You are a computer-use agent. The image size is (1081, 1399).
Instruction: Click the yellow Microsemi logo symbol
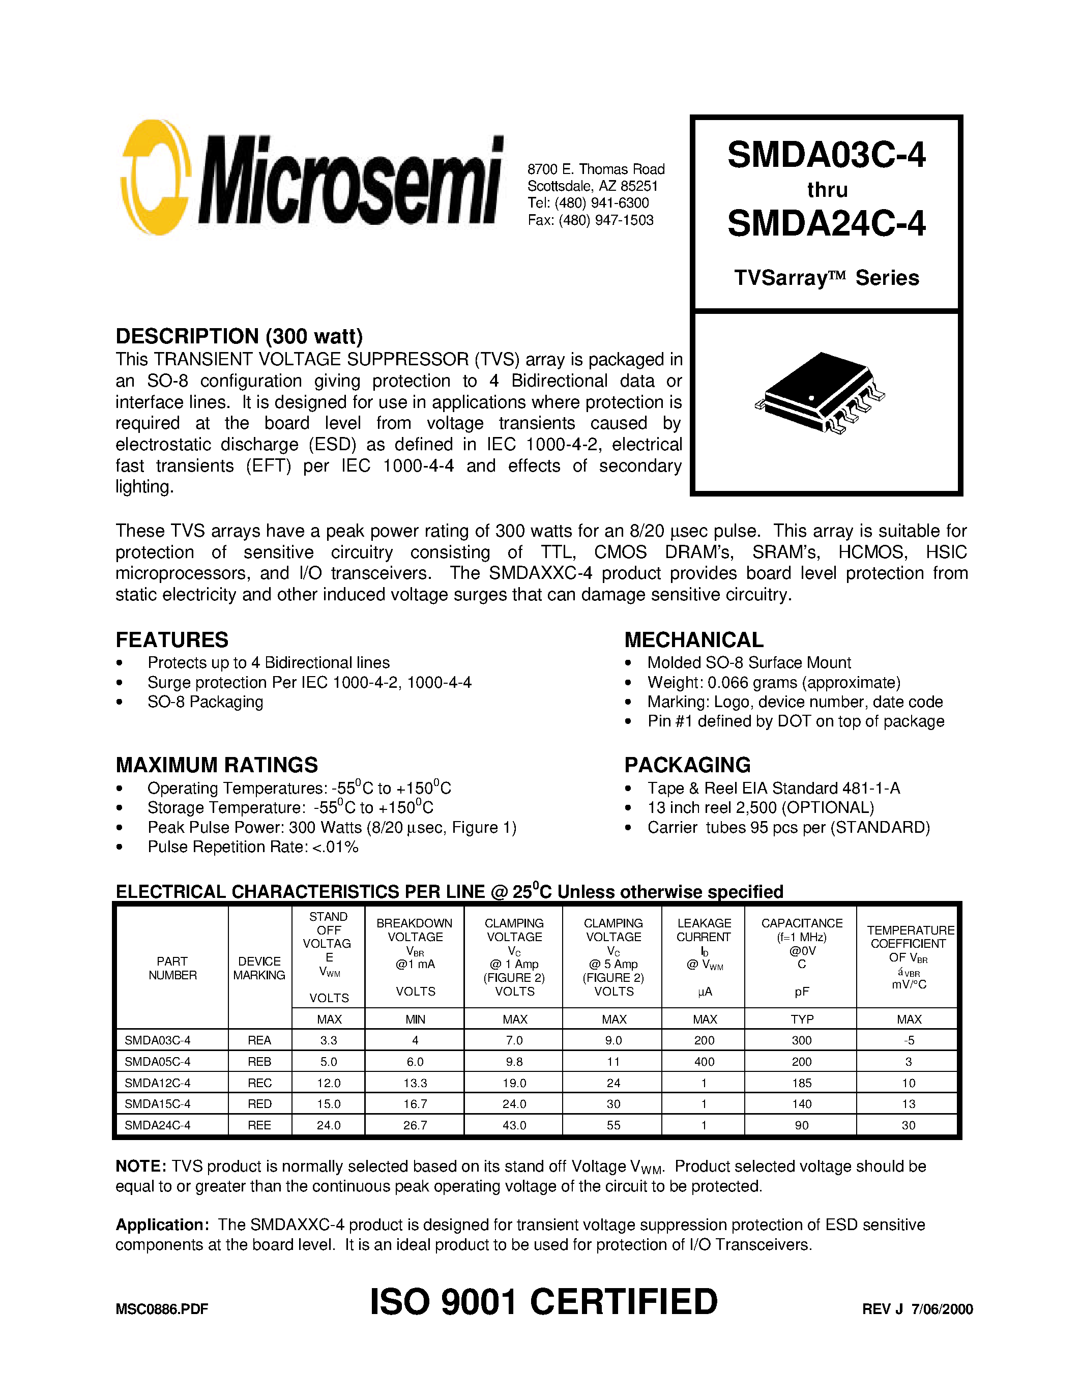coord(156,178)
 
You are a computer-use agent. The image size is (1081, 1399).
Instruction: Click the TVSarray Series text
coord(826,278)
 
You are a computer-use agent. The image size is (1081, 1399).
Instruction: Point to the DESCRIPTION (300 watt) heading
coord(239,336)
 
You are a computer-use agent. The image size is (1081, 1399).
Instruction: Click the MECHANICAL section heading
coord(693,640)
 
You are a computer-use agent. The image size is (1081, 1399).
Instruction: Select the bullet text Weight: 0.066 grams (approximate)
coord(774,682)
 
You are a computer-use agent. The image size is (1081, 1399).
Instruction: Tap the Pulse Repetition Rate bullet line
coord(252,847)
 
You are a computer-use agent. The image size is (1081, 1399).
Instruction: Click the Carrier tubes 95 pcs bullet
coord(787,828)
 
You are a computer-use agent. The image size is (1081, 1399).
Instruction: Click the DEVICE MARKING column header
coord(259,968)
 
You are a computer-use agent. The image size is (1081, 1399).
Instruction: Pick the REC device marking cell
coord(259,1083)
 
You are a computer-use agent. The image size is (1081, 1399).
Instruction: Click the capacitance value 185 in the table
coord(801,1083)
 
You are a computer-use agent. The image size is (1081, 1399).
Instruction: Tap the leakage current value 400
coord(704,1061)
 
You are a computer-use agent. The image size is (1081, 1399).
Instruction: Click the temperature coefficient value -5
coord(908,1040)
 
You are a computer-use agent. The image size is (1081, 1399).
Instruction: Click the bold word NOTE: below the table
coord(141,1167)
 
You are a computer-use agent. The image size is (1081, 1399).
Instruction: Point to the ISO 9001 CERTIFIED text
coord(544,1302)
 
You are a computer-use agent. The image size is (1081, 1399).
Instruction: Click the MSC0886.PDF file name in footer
coord(161,1309)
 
